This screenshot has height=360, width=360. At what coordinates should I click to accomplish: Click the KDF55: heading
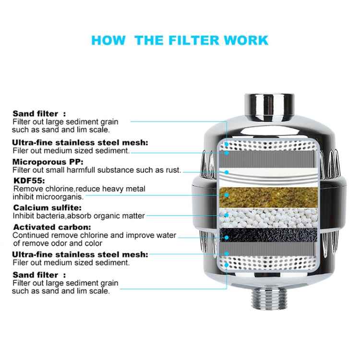click(x=28, y=180)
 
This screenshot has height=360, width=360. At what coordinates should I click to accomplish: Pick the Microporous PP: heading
click(x=46, y=161)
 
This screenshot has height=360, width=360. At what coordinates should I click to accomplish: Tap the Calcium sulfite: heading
click(x=47, y=207)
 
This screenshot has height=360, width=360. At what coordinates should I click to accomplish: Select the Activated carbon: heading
click(x=52, y=227)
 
